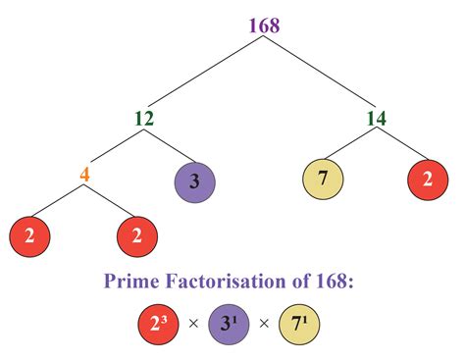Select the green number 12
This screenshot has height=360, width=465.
pyautogui.click(x=146, y=120)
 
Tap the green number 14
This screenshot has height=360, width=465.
pyautogui.click(x=376, y=120)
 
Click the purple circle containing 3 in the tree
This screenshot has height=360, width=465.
pyautogui.click(x=193, y=182)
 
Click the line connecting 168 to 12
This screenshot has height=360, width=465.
pyautogui.click(x=205, y=74)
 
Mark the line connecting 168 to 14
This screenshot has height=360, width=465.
pyautogui.click(x=322, y=74)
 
